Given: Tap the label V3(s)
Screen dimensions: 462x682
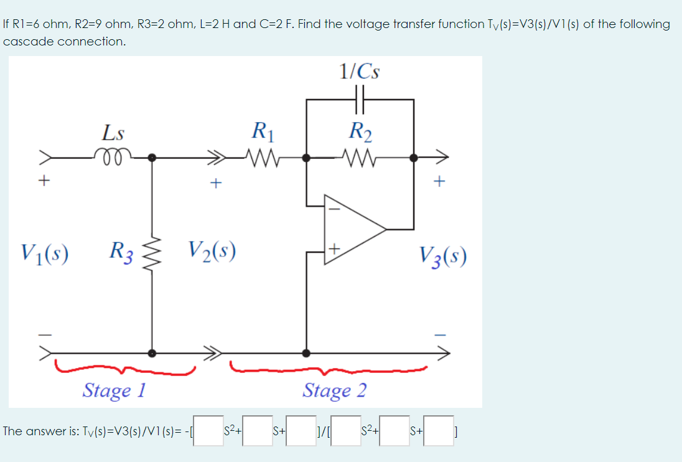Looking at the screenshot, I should tap(442, 255).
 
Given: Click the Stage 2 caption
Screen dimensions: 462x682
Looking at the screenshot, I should tap(334, 390).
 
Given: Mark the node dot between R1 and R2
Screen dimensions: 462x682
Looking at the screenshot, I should tap(306, 158).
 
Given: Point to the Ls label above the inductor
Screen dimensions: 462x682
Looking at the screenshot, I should tap(113, 133).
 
